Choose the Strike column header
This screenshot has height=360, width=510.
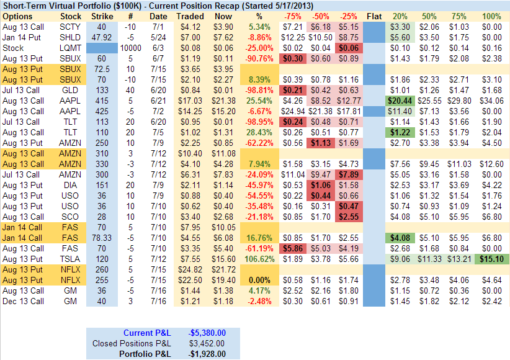pos(102,16)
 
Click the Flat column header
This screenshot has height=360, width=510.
pos(375,16)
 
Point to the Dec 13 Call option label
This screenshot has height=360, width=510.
pos(24,301)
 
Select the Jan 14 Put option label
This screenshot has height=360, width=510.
pos(23,37)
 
